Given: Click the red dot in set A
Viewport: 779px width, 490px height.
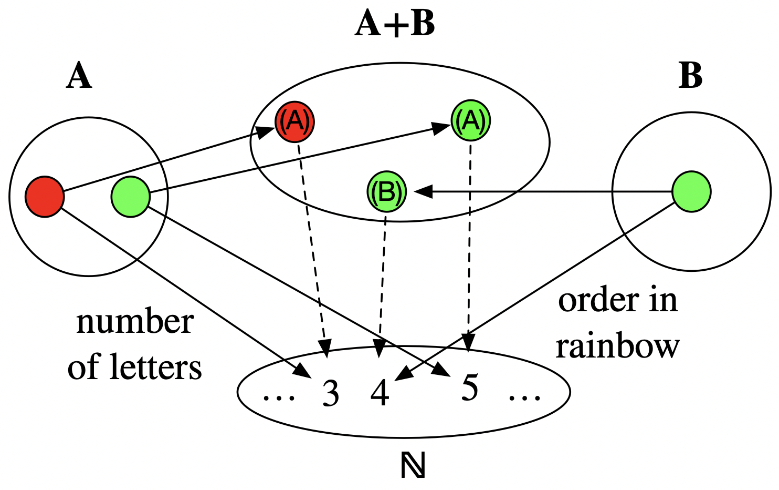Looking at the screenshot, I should coord(45,197).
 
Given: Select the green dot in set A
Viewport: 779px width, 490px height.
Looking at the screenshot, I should coord(130,197).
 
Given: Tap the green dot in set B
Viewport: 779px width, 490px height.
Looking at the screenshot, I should coord(691,192).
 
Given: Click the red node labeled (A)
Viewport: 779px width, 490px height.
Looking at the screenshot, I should coord(294,121).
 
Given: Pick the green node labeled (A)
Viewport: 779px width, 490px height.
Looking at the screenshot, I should coord(470,121).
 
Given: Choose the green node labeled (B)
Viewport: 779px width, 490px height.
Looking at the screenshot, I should coord(386,192).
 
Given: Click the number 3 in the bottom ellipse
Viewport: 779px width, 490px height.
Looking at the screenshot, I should coord(331,393).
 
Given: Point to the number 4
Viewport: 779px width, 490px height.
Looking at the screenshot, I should coord(380,392).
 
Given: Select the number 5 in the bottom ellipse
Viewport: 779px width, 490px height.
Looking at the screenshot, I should coord(469,389).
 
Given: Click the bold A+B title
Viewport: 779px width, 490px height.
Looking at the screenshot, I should coord(395,24).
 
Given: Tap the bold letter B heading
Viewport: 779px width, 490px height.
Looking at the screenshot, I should coord(690,76).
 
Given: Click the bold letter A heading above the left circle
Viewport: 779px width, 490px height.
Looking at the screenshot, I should coord(79,76).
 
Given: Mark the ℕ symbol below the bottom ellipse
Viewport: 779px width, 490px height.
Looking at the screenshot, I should coord(413,466).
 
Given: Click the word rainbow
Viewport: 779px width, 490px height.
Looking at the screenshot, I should coord(618,346).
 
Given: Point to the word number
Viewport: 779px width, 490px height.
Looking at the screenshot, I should coord(135,322).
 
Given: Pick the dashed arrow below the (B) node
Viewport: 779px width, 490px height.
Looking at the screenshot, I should coord(382,279).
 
